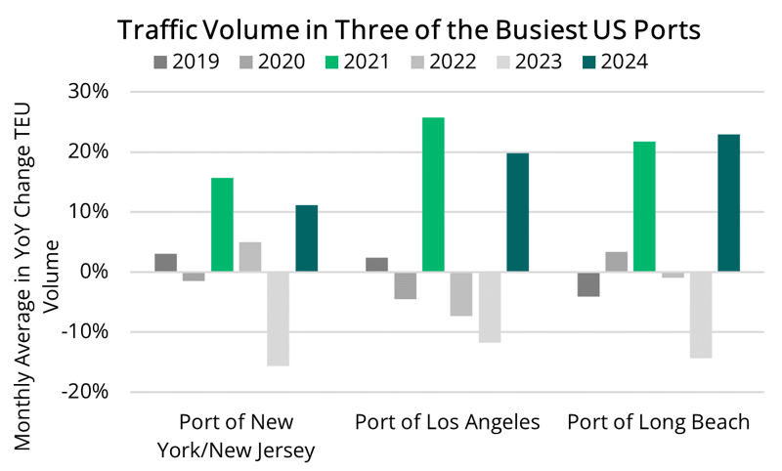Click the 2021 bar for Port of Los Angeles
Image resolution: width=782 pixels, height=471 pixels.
coord(433,194)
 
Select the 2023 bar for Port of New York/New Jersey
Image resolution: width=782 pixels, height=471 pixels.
coord(278,319)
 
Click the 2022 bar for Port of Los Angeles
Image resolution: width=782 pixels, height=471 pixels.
coord(461,293)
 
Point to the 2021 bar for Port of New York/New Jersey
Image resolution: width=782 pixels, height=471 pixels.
coord(222,225)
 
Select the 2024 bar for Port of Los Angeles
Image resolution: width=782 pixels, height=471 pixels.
coord(517,212)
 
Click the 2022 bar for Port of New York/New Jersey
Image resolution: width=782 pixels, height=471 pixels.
coord(250,257)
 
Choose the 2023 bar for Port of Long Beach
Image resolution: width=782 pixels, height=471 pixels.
coord(700,315)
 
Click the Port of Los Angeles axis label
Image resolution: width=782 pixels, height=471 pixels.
coord(447,423)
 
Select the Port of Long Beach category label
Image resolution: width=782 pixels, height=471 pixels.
coord(659,423)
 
